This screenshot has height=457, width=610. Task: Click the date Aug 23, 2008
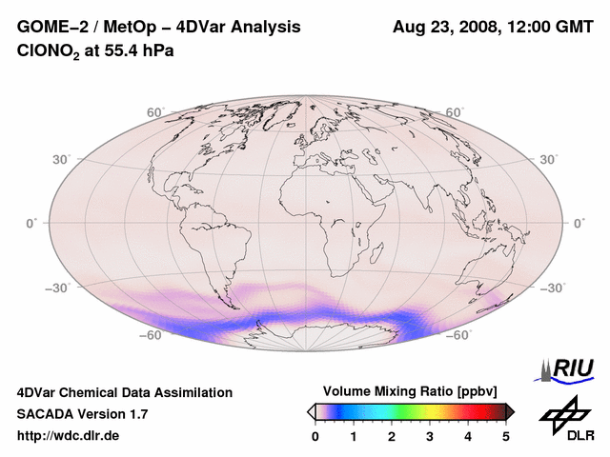[x=445, y=28]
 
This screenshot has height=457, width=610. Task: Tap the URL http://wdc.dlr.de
[x=69, y=436]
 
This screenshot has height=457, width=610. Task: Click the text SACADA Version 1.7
[x=82, y=414]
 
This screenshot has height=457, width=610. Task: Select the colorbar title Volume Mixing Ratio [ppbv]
[x=410, y=391]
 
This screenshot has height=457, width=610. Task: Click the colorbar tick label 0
[x=315, y=436]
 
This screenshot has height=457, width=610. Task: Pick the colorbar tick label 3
[x=430, y=436]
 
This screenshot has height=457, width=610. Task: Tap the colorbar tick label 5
[x=506, y=436]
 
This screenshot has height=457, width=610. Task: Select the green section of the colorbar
[x=405, y=411]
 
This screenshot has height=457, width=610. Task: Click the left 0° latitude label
[x=31, y=223]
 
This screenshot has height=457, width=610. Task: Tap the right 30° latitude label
[x=551, y=159]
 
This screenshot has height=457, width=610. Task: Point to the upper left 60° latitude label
[x=155, y=112]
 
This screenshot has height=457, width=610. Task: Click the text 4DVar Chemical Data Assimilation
[x=124, y=392]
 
